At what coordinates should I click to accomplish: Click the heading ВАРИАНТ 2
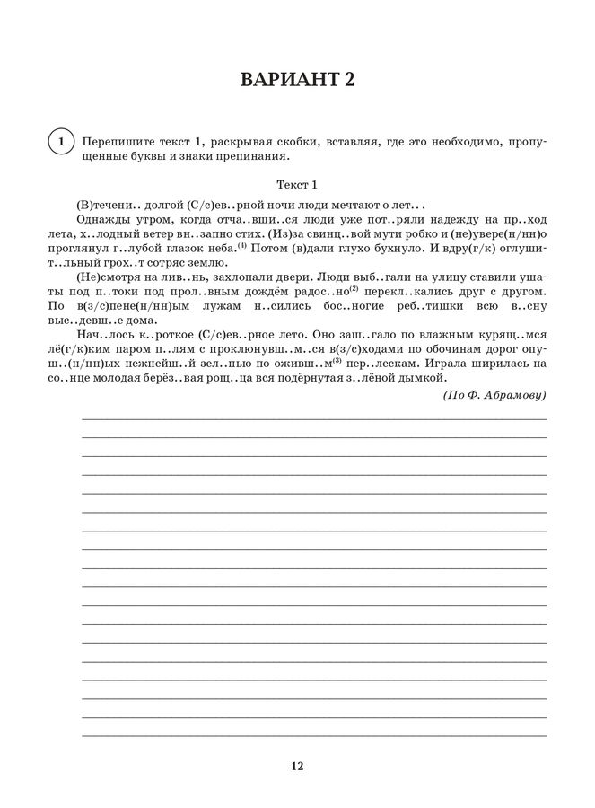tap(297, 80)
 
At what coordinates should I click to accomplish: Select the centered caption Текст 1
tap(297, 185)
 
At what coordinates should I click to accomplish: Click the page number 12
tap(297, 766)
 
